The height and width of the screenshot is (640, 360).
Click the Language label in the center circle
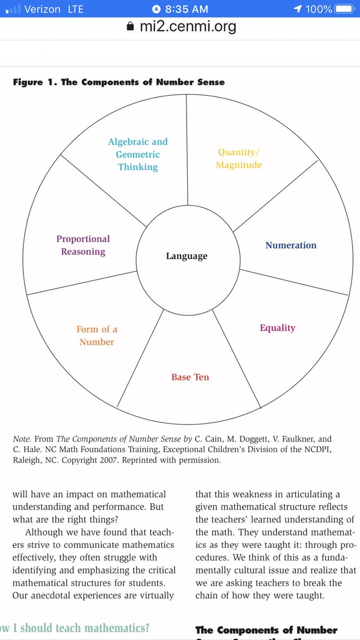point(187,257)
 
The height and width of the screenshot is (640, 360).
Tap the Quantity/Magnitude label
point(239,159)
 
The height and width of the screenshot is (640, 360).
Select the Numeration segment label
point(291,245)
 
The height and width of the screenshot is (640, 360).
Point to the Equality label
point(277,328)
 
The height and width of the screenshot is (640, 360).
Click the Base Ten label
point(190,377)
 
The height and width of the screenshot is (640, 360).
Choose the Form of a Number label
point(97,335)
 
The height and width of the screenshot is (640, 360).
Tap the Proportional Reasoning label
point(83,245)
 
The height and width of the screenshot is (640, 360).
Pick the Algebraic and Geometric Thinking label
point(138,154)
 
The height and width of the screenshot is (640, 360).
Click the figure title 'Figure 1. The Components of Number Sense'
point(119,82)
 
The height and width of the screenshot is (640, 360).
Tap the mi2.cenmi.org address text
point(188,26)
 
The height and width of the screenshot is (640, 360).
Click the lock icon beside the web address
point(130,27)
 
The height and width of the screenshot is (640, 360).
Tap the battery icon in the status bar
point(345,9)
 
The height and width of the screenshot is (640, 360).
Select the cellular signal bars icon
point(13,10)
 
